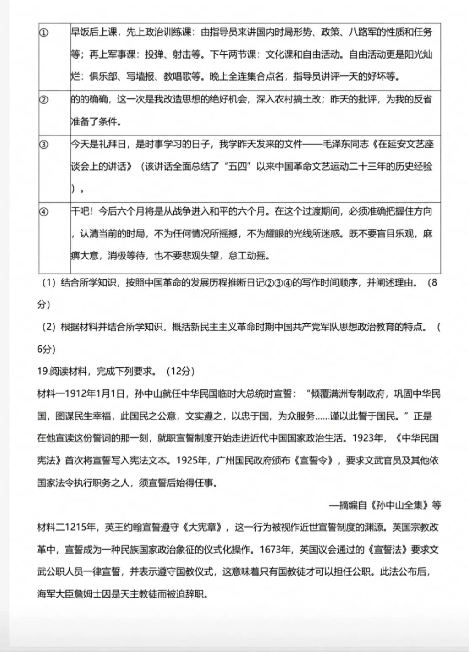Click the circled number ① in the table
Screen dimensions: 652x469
pos(44,33)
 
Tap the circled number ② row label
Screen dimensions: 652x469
pos(44,100)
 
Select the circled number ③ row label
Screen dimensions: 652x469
pos(44,145)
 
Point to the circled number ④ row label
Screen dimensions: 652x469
pos(44,211)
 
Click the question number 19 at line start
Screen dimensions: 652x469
pos(43,371)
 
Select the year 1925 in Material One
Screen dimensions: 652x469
pos(194,460)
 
